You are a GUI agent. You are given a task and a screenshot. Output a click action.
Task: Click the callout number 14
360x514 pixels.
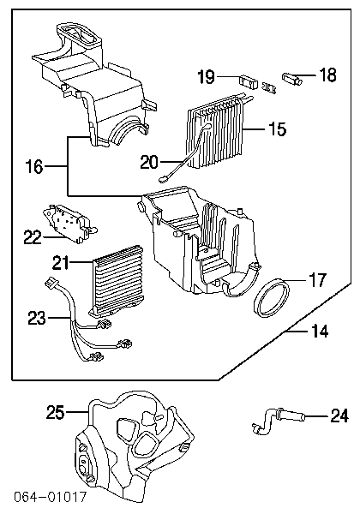(x=320, y=332)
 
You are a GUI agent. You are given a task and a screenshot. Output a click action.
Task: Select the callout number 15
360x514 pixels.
(x=278, y=128)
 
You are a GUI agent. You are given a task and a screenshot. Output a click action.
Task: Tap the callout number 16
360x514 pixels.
(x=34, y=167)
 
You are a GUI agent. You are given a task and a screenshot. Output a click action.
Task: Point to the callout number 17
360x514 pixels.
(x=317, y=280)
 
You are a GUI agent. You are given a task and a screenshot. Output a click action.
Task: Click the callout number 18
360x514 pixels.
(x=327, y=75)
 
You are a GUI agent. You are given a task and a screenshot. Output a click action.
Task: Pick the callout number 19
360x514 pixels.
(x=207, y=77)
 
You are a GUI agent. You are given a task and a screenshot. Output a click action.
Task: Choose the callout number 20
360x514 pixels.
(x=149, y=162)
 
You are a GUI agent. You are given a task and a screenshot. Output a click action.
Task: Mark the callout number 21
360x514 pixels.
(x=61, y=263)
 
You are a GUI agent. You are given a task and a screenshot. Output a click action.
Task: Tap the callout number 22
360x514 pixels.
(x=33, y=237)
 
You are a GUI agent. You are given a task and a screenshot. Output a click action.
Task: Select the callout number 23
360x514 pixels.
(x=37, y=318)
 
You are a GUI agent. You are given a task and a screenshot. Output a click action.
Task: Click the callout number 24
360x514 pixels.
(x=339, y=415)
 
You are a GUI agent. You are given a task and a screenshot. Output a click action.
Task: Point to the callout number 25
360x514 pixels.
(x=55, y=412)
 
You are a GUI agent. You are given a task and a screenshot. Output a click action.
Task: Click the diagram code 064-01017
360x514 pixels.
(x=50, y=497)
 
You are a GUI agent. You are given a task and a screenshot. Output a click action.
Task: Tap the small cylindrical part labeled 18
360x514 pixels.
(x=291, y=79)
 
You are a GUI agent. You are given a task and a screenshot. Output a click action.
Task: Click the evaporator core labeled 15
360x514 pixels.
(x=216, y=131)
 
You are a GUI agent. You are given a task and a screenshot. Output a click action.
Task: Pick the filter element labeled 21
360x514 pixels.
(x=117, y=282)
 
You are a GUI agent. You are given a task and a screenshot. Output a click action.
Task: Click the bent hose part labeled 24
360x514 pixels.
(x=279, y=421)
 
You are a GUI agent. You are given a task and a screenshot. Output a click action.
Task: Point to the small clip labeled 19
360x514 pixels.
(x=249, y=82)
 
